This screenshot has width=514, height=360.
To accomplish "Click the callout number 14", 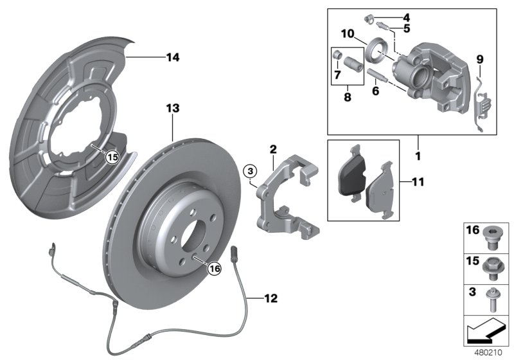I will click(172, 58).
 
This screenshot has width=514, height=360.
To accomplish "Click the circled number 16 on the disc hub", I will click(213, 269).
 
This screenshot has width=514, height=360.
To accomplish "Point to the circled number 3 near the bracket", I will click(251, 171).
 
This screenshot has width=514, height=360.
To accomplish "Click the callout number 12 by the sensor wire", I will click(271, 298).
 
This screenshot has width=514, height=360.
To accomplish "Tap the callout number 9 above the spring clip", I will click(479, 60).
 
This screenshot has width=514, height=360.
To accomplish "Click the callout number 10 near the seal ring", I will click(348, 33).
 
